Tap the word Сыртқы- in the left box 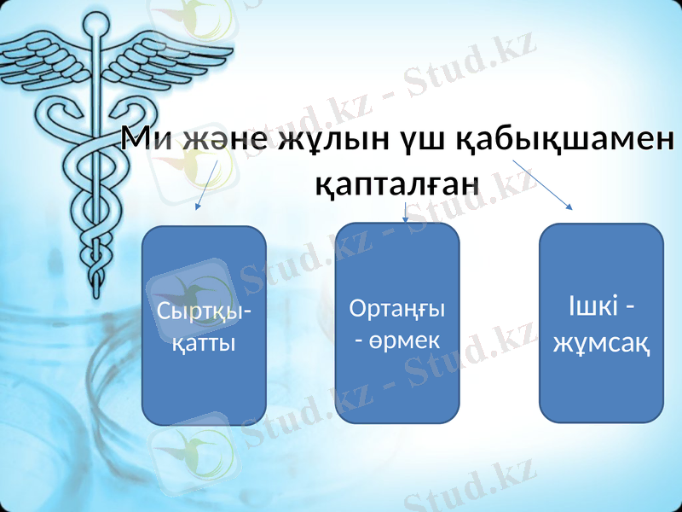coord(205,312)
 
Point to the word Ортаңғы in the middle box coord(398,308)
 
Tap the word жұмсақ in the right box coord(602,343)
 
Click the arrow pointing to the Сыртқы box coord(207,185)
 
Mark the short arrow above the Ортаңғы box coord(406,212)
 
